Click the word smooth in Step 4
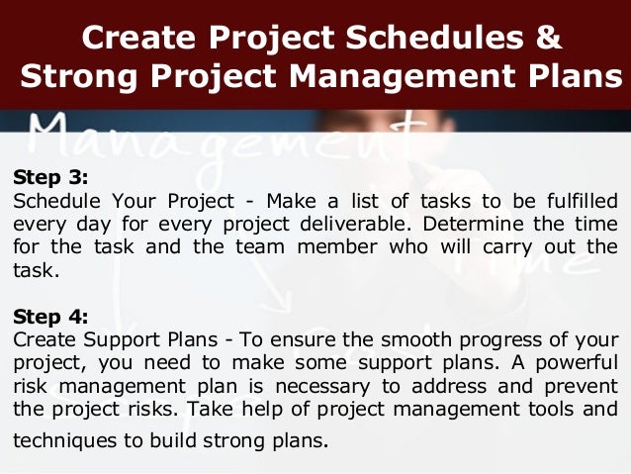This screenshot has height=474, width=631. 382,339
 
